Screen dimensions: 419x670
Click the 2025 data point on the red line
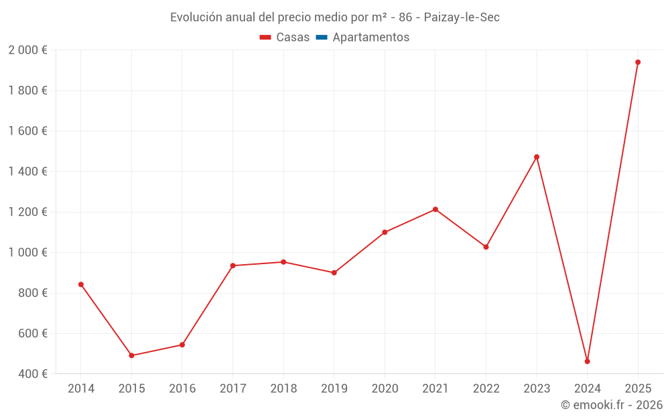(638, 62)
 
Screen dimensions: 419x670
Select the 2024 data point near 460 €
(588, 361)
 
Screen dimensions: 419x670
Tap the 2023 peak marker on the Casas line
(537, 157)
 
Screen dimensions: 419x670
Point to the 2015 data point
(131, 355)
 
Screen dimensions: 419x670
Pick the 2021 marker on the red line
(435, 209)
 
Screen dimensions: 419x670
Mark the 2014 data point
(81, 284)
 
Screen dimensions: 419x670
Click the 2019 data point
(334, 273)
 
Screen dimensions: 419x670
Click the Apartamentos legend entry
(371, 38)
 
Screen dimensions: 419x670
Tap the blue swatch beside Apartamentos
(321, 38)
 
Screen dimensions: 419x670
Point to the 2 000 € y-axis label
(27, 50)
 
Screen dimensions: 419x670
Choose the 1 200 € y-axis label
(27, 212)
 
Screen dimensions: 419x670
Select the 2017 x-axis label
(232, 389)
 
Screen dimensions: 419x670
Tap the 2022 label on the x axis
(486, 389)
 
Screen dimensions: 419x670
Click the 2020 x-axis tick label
(385, 389)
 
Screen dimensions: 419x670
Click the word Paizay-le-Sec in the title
(462, 17)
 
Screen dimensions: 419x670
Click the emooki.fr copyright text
(612, 405)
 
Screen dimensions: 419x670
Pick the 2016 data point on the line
(182, 345)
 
